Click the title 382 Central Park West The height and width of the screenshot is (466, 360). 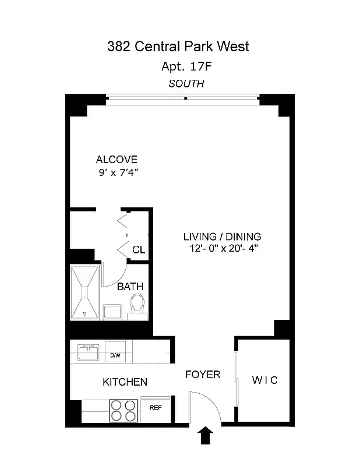point(178,47)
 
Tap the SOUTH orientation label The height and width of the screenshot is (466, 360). point(186,83)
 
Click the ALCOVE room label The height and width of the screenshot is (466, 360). point(117,160)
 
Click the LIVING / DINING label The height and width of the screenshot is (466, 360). point(222,236)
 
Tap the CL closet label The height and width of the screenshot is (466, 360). point(139,250)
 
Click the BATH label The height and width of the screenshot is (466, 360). point(130,287)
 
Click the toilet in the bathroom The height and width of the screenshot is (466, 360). point(137,305)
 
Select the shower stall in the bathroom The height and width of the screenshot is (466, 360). point(86,292)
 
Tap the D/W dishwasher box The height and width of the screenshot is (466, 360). point(115,355)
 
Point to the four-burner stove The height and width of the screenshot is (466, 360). point(123,409)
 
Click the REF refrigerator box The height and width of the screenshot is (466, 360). point(156,408)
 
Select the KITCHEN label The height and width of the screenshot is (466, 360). point(125,382)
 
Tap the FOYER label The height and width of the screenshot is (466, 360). point(203,375)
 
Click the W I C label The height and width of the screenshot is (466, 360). point(264,380)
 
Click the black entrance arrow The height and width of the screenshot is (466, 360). point(206,436)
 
